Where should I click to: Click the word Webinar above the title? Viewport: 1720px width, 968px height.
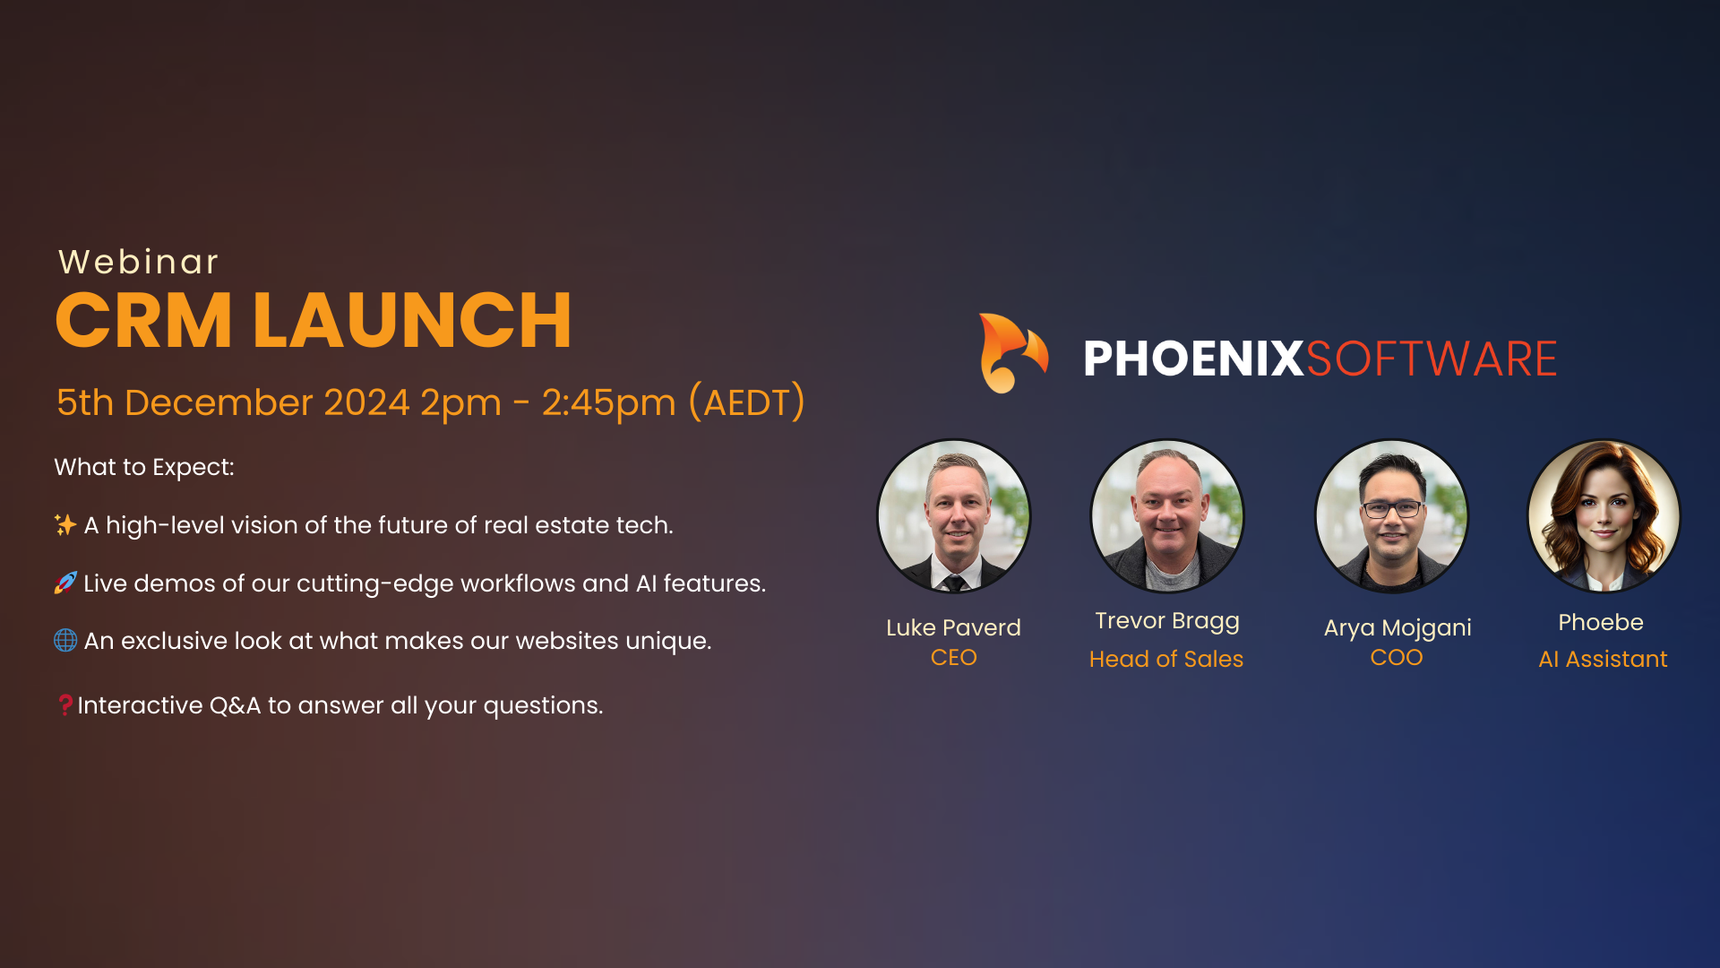coord(138,262)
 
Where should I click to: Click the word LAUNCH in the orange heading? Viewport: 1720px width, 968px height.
coord(412,320)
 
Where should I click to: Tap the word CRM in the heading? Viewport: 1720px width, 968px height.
coord(143,320)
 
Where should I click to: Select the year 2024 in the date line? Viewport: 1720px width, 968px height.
coord(366,402)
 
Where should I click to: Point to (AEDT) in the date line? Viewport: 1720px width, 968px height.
coord(747,402)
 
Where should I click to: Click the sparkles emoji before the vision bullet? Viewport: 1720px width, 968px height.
coord(65,524)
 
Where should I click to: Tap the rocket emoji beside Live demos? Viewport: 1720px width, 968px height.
coord(65,583)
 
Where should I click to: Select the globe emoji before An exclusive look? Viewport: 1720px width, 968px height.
coord(65,640)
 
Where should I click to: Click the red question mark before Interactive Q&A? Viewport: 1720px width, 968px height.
coord(65,704)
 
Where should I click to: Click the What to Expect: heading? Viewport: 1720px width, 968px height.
coord(144,467)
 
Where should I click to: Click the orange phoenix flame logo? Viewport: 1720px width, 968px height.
coord(1013,353)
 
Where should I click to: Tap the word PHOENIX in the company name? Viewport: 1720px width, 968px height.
coord(1193,359)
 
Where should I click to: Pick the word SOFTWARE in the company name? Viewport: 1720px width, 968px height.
coord(1432,359)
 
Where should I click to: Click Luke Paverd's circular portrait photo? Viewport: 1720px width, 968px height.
coord(954,515)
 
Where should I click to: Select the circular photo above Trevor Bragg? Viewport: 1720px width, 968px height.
coord(1167,515)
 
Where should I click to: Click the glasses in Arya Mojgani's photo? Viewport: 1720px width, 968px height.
coord(1391,509)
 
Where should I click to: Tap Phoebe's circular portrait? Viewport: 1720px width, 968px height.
coord(1604,515)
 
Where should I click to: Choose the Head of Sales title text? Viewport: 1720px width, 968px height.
coord(1166,659)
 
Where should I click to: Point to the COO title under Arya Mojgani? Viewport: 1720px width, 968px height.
coord(1397,657)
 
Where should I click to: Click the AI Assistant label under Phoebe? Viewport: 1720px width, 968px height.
coord(1604,659)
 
